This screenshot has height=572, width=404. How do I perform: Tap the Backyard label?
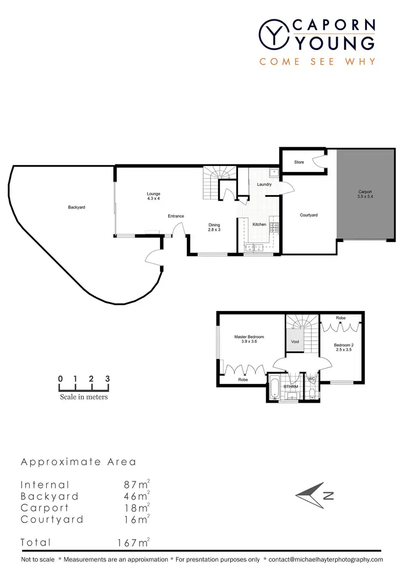(x=76, y=207)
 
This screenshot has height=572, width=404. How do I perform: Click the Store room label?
(x=299, y=162)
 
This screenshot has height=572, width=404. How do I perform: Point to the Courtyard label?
(x=309, y=215)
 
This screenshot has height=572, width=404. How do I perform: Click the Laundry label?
(x=264, y=184)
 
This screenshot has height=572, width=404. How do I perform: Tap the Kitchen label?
(x=260, y=224)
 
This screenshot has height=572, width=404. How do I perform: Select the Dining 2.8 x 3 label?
(x=215, y=227)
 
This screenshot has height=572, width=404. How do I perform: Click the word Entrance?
(x=176, y=216)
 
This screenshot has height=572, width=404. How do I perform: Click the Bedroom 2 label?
(x=343, y=346)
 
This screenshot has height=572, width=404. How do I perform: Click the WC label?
(x=311, y=379)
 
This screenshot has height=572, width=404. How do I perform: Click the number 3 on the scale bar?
(x=108, y=378)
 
